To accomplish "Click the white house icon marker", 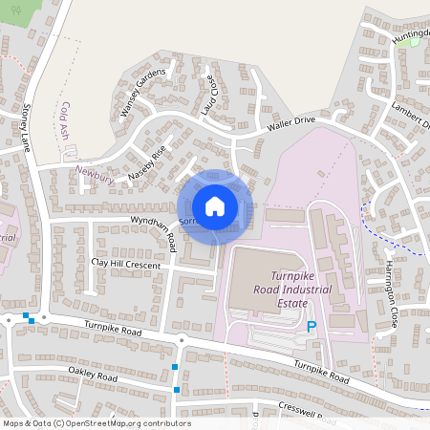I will click(x=215, y=206).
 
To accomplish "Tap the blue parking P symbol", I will click(x=311, y=327).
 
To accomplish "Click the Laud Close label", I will click(x=209, y=94).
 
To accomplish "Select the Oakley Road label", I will click(x=92, y=375).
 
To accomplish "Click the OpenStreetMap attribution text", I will click(x=97, y=423).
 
